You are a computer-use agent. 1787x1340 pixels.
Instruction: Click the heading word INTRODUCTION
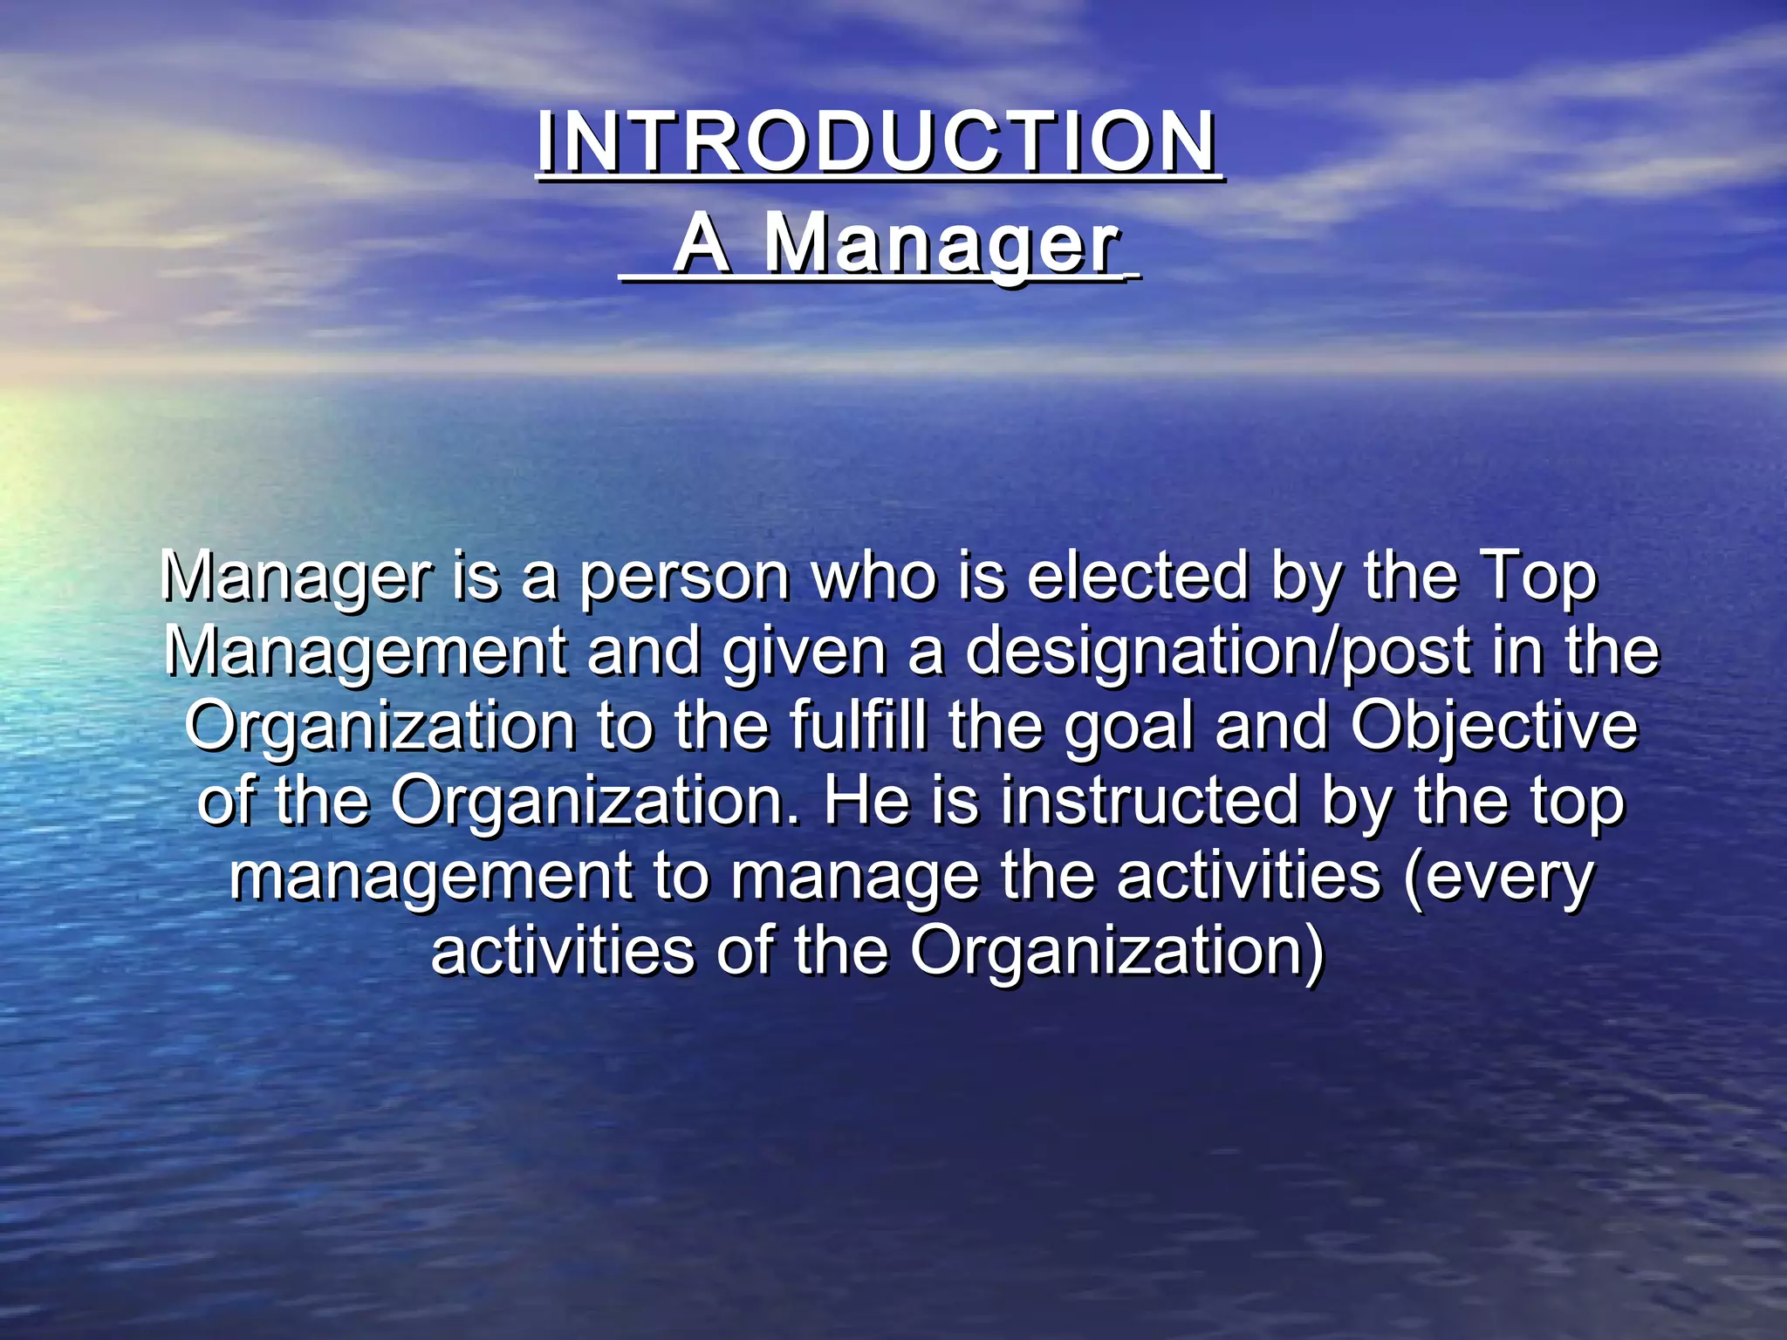pos(877,143)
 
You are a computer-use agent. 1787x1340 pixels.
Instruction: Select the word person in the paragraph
pos(685,578)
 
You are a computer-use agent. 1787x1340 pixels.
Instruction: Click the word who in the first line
pos(873,578)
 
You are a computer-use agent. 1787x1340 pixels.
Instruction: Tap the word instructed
pos(1150,801)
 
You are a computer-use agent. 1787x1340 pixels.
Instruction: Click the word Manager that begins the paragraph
pos(297,578)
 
